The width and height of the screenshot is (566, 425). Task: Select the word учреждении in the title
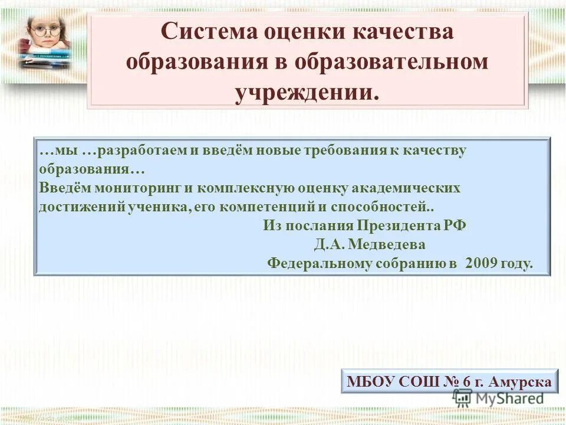[x=307, y=93]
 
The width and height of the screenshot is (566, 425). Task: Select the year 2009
[x=482, y=263]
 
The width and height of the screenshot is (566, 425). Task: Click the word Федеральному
[x=320, y=263]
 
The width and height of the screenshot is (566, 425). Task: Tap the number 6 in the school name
[x=466, y=382]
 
